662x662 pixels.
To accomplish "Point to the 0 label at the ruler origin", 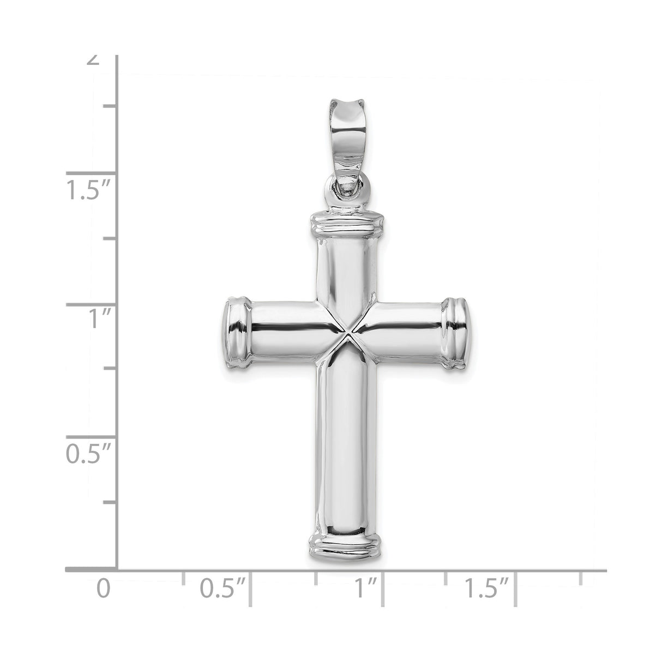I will (x=104, y=589).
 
